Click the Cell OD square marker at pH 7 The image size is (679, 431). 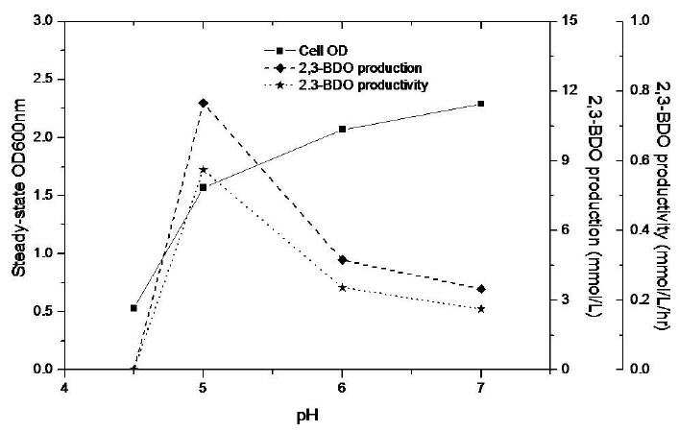tap(480, 104)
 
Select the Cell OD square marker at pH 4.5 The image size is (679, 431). tap(133, 308)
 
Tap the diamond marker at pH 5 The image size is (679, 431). tap(203, 103)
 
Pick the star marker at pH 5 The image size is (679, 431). tap(203, 169)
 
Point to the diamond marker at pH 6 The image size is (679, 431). tap(342, 260)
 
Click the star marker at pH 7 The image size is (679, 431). tap(480, 309)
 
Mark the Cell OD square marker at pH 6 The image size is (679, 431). tap(342, 129)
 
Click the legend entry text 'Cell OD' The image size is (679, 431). tap(323, 51)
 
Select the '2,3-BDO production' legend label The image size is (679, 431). tap(360, 68)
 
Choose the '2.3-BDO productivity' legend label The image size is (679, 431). tap(363, 85)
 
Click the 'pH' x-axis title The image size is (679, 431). tap(307, 416)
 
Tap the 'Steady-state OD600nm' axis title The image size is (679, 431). tap(18, 188)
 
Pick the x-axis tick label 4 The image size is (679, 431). tap(64, 387)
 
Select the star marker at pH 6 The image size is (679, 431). tap(342, 287)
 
